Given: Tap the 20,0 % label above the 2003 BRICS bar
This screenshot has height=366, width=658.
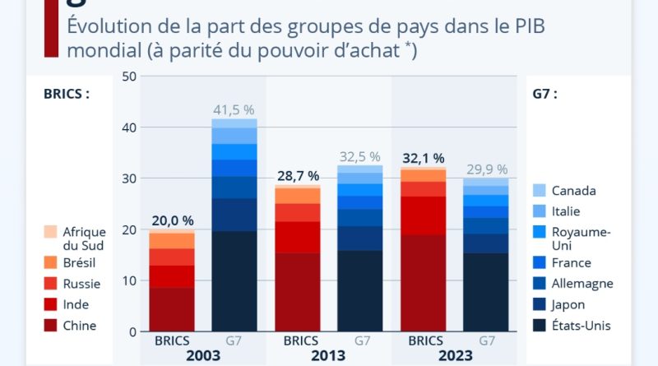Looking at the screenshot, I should coord(172,220).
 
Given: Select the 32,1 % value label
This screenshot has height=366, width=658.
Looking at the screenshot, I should coord(424,157).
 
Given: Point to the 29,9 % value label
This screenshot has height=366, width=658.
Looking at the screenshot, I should coord(487,169).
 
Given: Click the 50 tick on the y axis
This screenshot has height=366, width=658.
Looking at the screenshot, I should coord(128,76).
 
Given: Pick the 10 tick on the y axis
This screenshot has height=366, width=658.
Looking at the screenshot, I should coord(128,280).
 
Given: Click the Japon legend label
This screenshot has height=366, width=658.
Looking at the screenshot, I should coord(569,304).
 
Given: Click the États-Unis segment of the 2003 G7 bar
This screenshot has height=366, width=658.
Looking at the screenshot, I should coord(234,280).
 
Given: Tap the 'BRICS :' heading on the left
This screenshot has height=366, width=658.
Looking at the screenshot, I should coord(67,94).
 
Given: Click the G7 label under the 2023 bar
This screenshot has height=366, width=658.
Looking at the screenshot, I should coord(487,339).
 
